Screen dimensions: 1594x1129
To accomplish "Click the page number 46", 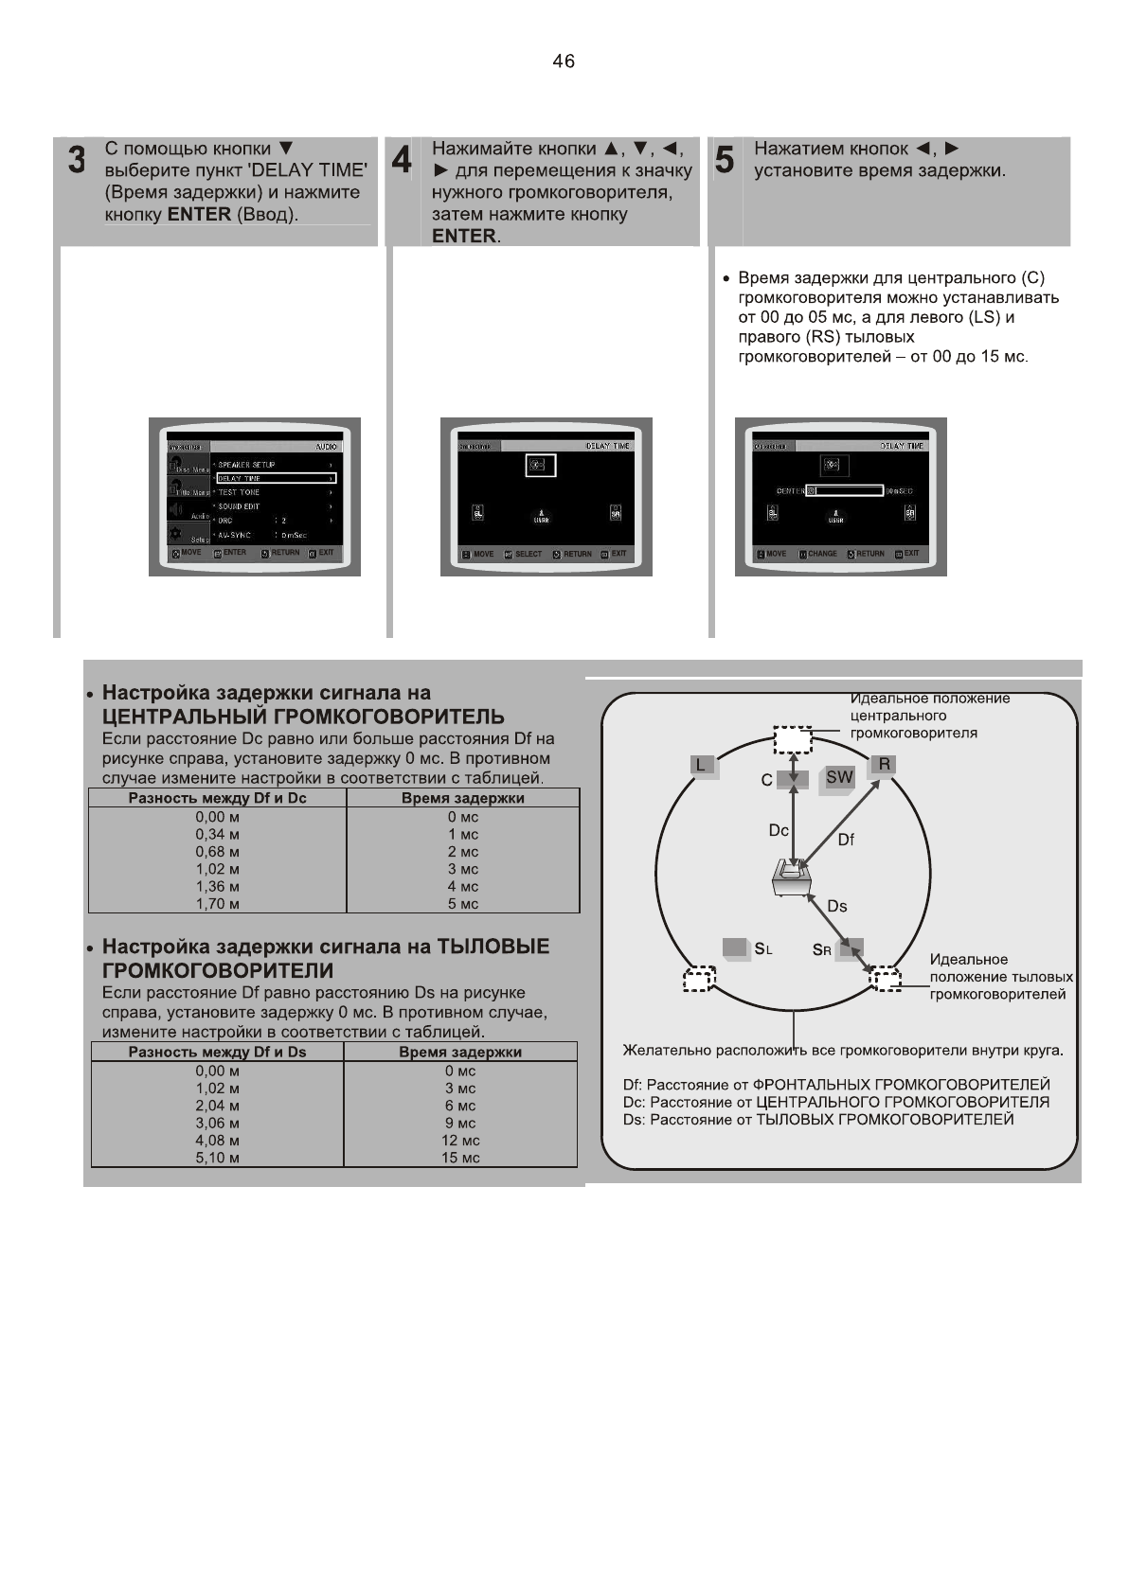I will pyautogui.click(x=563, y=62).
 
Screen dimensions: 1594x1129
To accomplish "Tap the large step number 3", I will pyautogui.click(x=77, y=160).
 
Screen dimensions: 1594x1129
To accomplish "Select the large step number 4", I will pyautogui.click(x=402, y=159).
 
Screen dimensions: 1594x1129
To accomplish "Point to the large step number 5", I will pyautogui.click(x=724, y=160).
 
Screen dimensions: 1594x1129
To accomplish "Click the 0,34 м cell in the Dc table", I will pyautogui.click(x=217, y=834).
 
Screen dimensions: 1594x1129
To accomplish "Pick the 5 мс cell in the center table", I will pyautogui.click(x=463, y=904).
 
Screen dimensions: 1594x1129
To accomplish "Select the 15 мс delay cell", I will pyautogui.click(x=460, y=1158).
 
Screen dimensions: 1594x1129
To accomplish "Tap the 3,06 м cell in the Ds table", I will pyautogui.click(x=217, y=1123).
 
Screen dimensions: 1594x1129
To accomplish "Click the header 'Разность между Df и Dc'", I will pyautogui.click(x=217, y=798).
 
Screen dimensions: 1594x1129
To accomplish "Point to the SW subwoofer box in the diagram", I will pyautogui.click(x=839, y=777).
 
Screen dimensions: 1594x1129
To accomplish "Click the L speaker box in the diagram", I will pyautogui.click(x=702, y=765).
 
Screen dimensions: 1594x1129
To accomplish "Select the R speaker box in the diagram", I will pyautogui.click(x=884, y=764).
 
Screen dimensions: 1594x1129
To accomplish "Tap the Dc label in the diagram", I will pyautogui.click(x=778, y=830).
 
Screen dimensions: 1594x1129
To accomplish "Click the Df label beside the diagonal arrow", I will pyautogui.click(x=846, y=840).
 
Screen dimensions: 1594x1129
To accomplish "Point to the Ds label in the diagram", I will pyautogui.click(x=836, y=906).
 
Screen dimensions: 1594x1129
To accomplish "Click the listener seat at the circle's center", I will pyautogui.click(x=791, y=878).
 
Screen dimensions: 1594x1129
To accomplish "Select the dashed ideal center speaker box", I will pyautogui.click(x=793, y=739).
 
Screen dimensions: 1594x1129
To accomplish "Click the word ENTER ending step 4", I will pyautogui.click(x=463, y=236).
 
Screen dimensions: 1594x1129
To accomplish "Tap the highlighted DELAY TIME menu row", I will pyautogui.click(x=276, y=478).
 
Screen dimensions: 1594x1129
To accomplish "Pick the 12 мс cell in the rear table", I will pyautogui.click(x=460, y=1141).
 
